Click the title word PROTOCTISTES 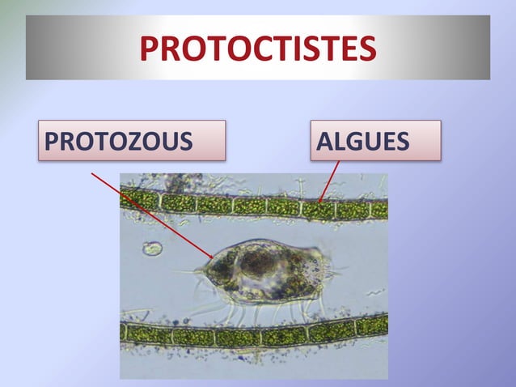coord(257,48)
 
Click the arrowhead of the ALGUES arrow coord(320,201)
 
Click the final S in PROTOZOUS coord(186,141)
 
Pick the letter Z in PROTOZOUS coord(130,141)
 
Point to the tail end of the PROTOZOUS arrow coord(91,172)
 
